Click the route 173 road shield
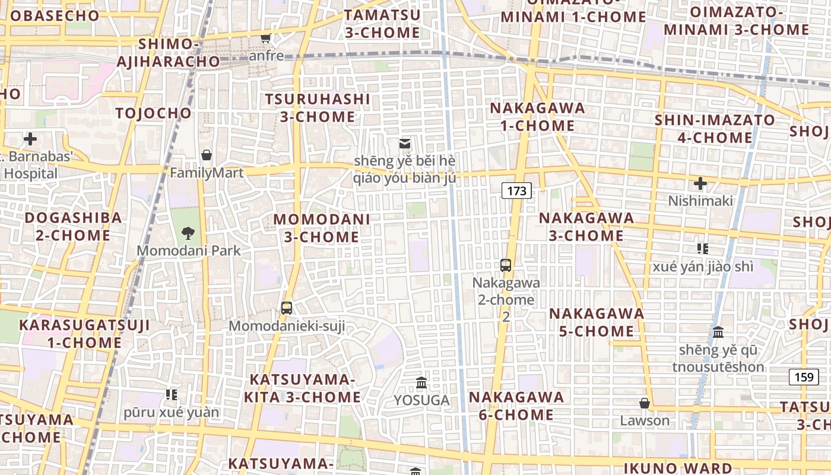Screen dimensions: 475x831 [516, 191]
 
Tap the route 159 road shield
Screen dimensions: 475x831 [804, 376]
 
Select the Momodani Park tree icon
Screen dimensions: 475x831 [188, 232]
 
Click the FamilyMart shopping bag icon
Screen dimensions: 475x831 [206, 155]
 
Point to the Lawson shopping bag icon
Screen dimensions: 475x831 [644, 403]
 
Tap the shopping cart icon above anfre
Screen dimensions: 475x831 [265, 39]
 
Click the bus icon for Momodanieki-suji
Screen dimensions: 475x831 [287, 308]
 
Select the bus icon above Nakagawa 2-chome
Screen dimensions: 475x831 [506, 265]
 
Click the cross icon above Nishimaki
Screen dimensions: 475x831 [700, 183]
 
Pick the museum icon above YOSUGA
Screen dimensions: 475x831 [421, 382]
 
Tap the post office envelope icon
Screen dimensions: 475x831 [405, 143]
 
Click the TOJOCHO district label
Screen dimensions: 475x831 [154, 113]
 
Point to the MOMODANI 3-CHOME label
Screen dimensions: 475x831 [321, 228]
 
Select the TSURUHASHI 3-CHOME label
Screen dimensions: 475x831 [317, 108]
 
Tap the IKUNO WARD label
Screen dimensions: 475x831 [678, 468]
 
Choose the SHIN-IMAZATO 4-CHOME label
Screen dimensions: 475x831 [714, 129]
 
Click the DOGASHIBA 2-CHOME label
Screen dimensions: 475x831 [73, 226]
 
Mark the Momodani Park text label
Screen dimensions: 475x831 [189, 251]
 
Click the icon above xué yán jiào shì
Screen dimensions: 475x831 [703, 248]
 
